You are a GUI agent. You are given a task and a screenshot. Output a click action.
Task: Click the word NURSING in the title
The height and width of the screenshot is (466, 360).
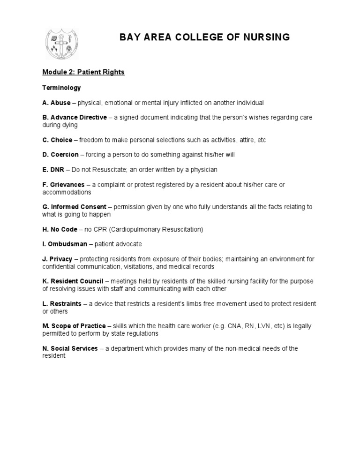264,37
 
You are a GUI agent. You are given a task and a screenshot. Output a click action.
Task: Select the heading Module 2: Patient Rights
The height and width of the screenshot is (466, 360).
83,72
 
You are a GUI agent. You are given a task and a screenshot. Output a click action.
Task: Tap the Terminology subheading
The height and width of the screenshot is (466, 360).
61,88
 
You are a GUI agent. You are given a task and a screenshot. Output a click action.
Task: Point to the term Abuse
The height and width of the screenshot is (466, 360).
60,103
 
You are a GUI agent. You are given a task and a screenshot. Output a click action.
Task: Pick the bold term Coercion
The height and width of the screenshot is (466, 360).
65,155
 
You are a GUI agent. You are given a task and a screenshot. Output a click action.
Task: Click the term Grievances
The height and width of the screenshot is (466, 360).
67,185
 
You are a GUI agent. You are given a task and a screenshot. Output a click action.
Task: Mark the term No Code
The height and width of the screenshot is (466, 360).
63,229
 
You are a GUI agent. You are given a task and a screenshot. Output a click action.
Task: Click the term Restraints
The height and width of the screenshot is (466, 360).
65,304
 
